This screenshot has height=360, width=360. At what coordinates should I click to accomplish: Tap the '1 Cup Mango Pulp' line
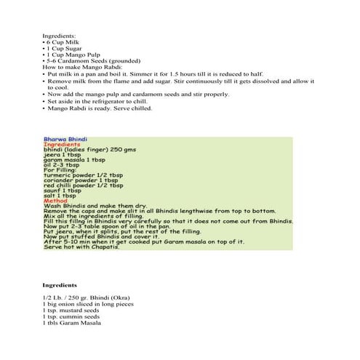(71, 55)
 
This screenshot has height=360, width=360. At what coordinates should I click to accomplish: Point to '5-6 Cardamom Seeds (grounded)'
(91, 60)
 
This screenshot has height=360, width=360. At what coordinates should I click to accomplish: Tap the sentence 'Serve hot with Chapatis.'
(87, 246)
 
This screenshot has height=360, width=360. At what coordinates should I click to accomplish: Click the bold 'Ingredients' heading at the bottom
(59, 285)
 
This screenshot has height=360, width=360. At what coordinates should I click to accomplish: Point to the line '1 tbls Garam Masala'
(71, 323)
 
